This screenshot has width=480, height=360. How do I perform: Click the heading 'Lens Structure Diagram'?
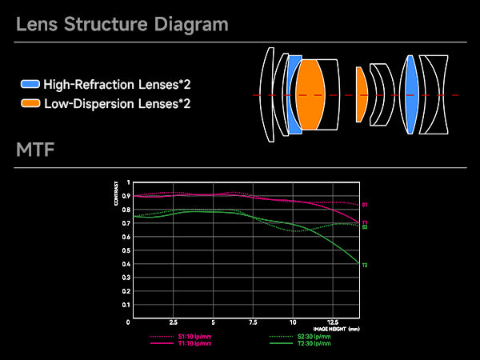[122, 24]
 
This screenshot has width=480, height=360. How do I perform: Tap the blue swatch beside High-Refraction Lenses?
[30, 84]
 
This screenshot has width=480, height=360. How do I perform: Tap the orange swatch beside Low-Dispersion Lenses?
[30, 103]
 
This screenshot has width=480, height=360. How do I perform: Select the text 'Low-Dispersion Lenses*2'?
[118, 103]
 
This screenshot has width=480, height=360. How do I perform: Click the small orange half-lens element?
[361, 94]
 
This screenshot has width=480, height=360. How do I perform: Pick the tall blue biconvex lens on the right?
[411, 94]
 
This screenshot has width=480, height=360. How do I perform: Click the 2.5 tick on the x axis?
[174, 322]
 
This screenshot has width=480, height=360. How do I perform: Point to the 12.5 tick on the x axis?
[334, 322]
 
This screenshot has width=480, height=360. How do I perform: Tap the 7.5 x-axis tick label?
[253, 322]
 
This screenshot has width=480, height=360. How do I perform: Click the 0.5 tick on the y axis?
[127, 252]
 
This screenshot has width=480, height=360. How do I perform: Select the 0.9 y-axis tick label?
[127, 196]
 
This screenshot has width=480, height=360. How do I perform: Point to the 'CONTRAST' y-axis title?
[117, 197]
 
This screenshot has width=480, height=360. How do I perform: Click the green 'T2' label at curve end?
[365, 265]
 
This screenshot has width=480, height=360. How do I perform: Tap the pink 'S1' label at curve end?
[365, 206]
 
